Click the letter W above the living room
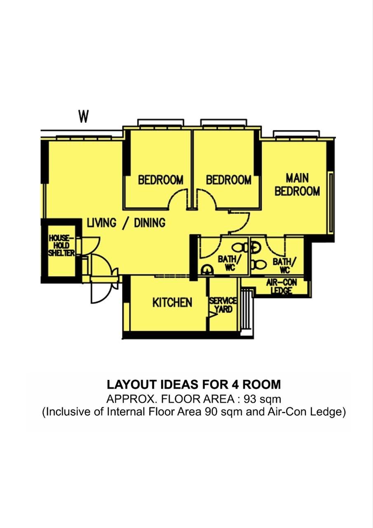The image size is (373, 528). (84, 117)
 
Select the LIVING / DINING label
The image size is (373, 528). (126, 223)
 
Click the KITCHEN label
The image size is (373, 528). (172, 302)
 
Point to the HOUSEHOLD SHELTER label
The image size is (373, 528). (61, 245)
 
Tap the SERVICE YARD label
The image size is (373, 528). (223, 305)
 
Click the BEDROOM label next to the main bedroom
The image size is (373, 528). (229, 180)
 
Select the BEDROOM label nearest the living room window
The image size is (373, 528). (160, 180)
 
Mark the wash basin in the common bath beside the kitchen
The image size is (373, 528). (206, 270)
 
